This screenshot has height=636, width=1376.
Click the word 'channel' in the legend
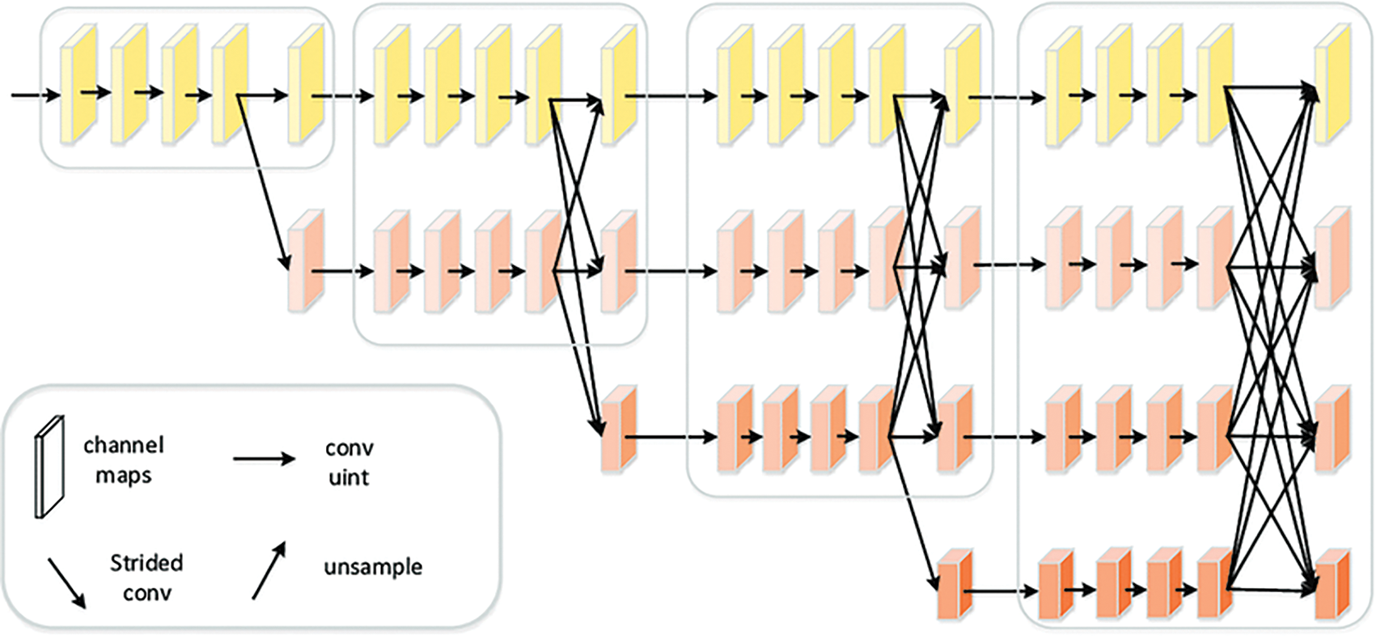[x=124, y=445]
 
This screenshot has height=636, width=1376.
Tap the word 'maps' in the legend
[x=124, y=476]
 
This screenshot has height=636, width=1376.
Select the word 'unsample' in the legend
[x=373, y=567]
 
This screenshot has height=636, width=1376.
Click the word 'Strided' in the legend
[x=146, y=563]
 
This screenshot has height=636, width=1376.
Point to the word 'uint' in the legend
[x=349, y=477]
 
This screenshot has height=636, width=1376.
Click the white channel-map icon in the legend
[x=49, y=467]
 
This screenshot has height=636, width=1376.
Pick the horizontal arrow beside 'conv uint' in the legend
[x=265, y=459]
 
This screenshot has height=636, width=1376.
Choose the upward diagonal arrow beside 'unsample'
[x=269, y=570]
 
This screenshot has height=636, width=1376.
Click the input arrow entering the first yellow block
[x=36, y=95]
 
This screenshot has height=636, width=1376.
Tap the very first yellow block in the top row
[x=78, y=84]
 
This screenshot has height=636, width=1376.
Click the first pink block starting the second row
[x=306, y=261]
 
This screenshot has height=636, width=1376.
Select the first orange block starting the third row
[x=620, y=428]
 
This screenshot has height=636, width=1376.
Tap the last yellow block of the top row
[x=1332, y=84]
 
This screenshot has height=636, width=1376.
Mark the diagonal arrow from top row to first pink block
[x=264, y=183]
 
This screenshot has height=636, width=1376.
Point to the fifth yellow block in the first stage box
[x=306, y=84]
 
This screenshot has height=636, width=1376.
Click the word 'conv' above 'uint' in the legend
[x=349, y=448]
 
